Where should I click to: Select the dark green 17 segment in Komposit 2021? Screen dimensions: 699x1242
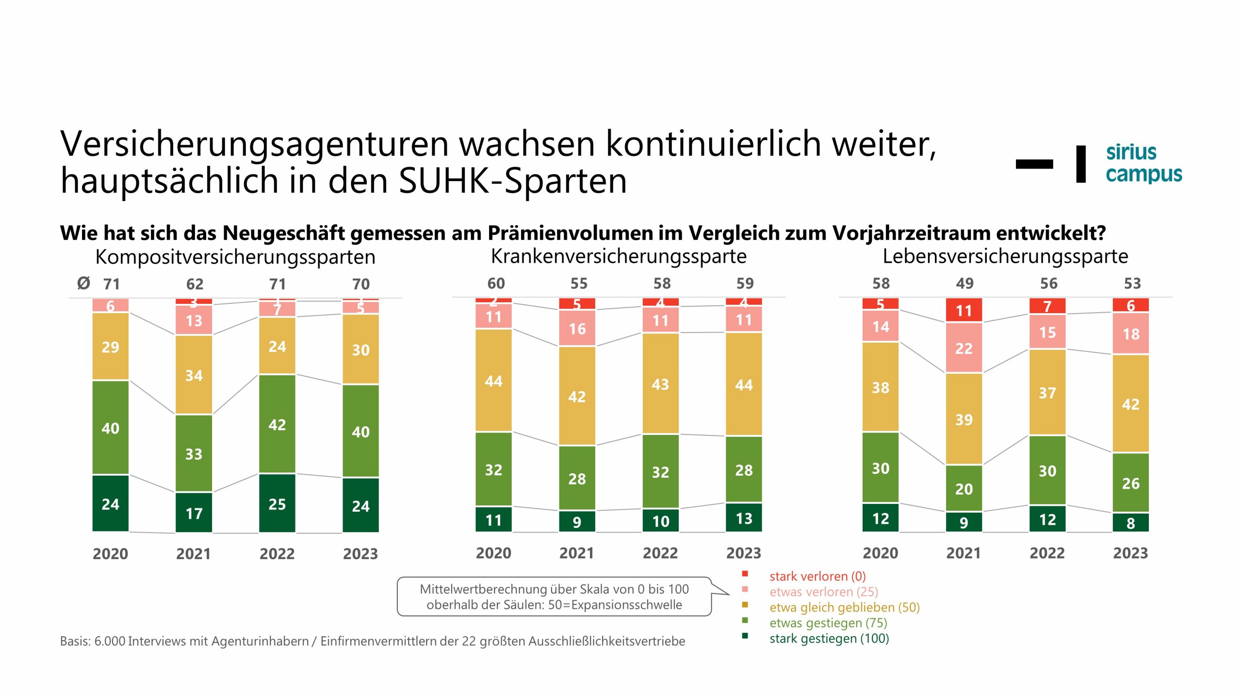[x=194, y=513]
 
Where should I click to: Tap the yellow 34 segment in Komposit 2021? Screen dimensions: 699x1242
[x=194, y=375]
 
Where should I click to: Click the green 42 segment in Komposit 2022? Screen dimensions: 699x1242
[x=277, y=424]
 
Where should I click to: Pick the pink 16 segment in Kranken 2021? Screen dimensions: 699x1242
[x=577, y=328]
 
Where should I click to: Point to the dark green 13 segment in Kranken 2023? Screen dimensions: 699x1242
[x=744, y=517]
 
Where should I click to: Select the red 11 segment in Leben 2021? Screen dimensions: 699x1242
[x=964, y=310]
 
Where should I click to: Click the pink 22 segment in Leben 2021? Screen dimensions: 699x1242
[x=964, y=348]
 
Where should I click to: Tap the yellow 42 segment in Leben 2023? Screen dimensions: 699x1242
[x=1130, y=403]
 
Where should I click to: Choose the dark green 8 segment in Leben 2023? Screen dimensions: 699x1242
[x=1130, y=522]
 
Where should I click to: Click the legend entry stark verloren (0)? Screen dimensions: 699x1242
[x=817, y=576]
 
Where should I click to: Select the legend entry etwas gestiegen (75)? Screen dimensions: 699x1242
[x=828, y=623]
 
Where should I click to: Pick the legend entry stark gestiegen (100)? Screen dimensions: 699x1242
[x=829, y=638]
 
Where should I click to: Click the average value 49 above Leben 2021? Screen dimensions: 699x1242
[x=964, y=283]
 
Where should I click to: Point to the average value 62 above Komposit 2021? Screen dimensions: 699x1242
[x=195, y=283]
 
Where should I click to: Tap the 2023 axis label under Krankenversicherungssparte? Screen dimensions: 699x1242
[x=743, y=553]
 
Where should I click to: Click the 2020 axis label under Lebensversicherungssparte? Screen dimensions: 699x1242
[x=880, y=553]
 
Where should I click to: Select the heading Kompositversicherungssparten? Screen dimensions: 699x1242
[x=235, y=257]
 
